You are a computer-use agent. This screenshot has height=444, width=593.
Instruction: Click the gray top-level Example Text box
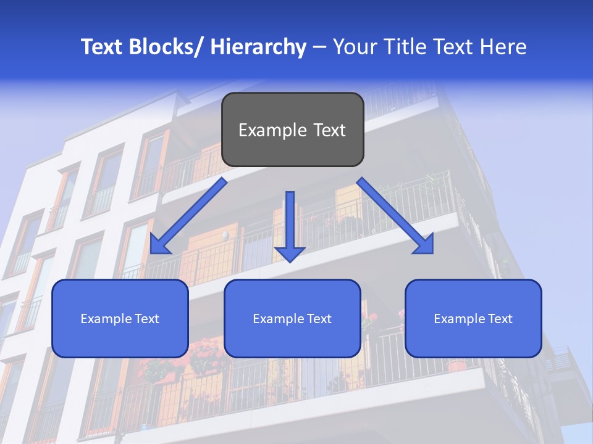[292, 129]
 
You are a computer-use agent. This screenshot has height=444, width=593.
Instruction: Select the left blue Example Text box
[120, 318]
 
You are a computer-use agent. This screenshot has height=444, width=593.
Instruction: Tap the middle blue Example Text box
[292, 318]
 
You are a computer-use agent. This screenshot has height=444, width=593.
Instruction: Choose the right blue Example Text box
[473, 318]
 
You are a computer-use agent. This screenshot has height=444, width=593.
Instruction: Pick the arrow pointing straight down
[290, 225]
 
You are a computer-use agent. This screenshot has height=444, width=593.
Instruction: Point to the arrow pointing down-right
[395, 216]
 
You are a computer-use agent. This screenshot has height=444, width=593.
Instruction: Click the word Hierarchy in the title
[258, 47]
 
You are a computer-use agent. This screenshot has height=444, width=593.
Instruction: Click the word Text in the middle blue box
[318, 319]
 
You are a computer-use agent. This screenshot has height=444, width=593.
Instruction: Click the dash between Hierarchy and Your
[319, 47]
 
